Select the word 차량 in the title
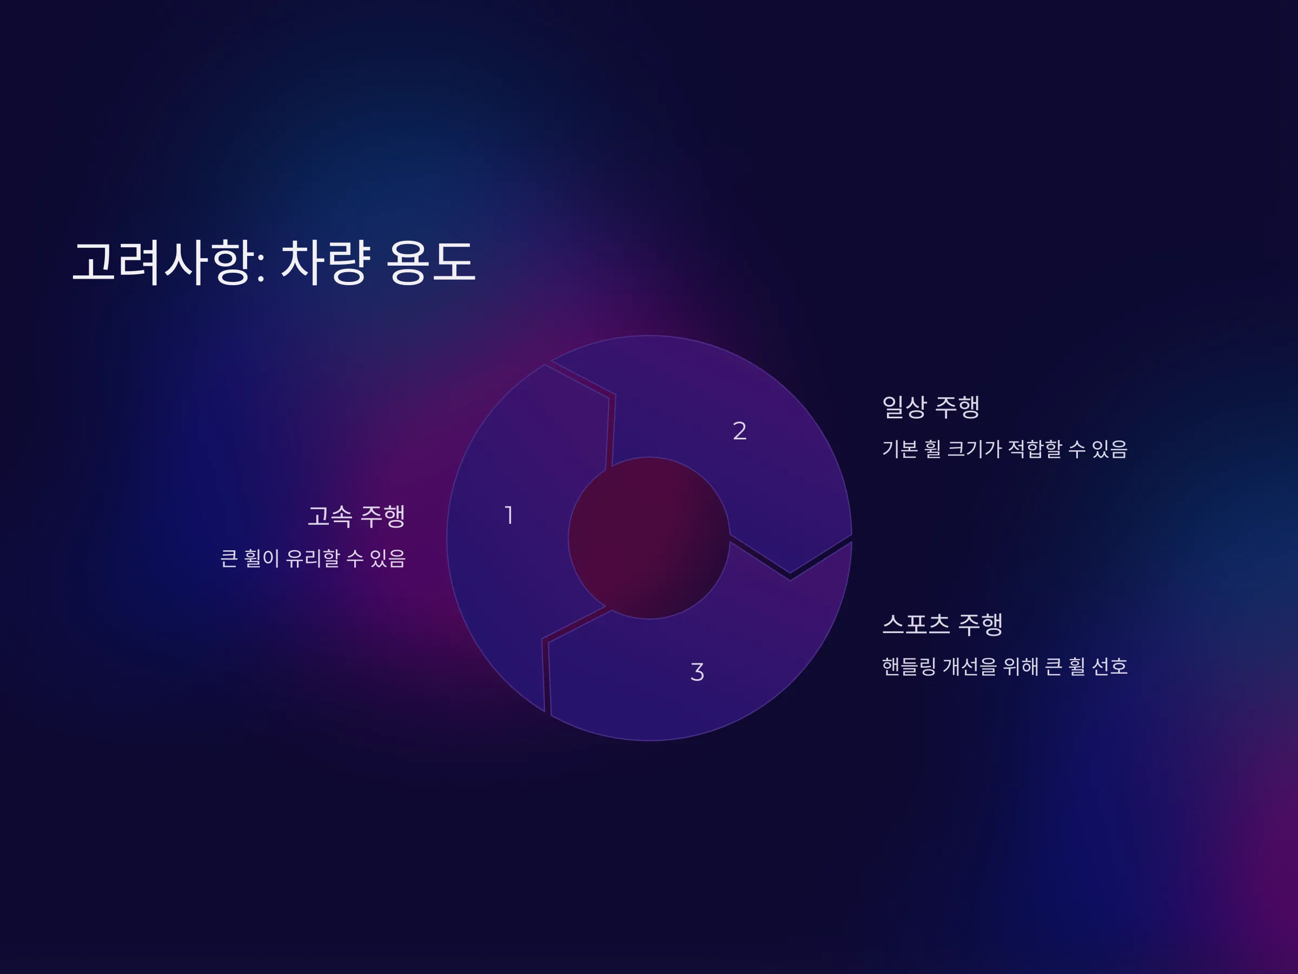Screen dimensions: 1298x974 point(326,262)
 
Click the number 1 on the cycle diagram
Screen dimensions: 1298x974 point(509,516)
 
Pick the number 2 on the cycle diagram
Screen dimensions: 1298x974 point(740,431)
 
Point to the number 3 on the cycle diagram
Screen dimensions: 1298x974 point(697,672)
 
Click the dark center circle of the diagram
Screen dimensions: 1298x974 point(649,538)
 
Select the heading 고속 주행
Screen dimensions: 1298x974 point(357,516)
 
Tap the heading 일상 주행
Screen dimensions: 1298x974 point(931,407)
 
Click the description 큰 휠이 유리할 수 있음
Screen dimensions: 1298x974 point(313,558)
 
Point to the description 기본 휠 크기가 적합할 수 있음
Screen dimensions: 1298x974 point(1005,449)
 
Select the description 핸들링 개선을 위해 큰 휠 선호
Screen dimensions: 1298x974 point(1005,666)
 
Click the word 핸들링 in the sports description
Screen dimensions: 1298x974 point(909,666)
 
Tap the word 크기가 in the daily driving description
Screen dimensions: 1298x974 point(975,449)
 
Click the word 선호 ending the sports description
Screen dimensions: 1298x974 point(1110,666)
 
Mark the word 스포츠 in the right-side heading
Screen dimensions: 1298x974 point(916,624)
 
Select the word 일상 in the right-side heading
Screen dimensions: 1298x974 point(905,407)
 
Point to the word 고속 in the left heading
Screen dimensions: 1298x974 point(330,516)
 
